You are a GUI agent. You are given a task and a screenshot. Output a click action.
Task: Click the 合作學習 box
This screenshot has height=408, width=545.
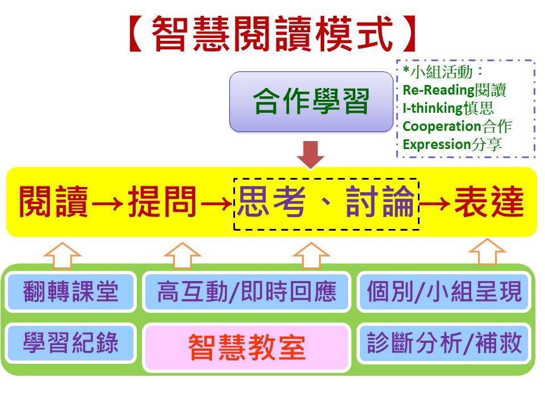point(311,101)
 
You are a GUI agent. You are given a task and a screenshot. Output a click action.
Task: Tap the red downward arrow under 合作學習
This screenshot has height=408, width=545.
point(311,154)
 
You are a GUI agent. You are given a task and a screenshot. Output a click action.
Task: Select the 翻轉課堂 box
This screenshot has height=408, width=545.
point(70,292)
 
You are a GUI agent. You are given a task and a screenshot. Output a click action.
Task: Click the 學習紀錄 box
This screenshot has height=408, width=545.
point(70,343)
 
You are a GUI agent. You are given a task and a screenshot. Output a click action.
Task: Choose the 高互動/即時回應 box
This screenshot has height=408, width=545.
point(246,292)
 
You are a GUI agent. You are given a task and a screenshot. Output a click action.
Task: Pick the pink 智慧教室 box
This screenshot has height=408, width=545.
point(246,347)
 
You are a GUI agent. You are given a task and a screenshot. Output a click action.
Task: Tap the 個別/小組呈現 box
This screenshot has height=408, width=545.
point(444,292)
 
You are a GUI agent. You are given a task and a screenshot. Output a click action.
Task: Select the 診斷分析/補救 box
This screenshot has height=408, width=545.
point(444,343)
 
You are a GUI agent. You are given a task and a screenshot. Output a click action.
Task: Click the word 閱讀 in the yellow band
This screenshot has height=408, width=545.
point(53,202)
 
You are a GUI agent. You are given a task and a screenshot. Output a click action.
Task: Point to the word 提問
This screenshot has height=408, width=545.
point(162,202)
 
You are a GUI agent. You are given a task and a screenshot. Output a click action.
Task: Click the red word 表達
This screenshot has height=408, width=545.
point(489,202)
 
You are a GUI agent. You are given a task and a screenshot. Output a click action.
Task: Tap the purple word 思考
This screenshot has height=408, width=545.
point(272,202)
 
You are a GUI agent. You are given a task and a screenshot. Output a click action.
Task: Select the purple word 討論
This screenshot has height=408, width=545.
point(380,202)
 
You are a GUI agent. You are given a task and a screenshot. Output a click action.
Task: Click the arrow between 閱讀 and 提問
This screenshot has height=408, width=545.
point(108,203)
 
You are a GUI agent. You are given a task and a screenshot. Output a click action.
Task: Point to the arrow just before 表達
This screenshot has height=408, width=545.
point(435,203)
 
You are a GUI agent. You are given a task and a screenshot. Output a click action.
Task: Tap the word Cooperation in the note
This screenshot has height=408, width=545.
point(442,126)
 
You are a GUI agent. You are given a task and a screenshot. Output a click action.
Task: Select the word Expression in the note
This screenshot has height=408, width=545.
point(437,144)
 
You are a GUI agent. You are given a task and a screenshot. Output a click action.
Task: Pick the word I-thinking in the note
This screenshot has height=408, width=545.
point(433,108)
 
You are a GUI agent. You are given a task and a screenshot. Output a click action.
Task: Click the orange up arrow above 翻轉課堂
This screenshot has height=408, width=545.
point(62,256)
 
